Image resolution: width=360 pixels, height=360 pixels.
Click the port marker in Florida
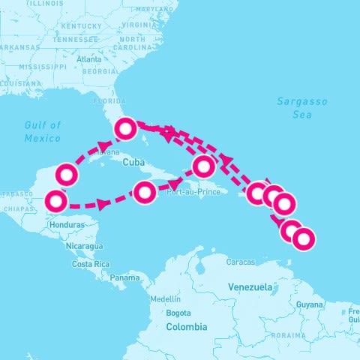click(x=125, y=129)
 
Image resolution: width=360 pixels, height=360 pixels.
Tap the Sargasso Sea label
click(x=293, y=108)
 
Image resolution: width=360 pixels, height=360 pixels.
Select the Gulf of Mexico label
click(x=42, y=131)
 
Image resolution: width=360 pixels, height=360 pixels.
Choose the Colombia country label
click(x=186, y=327)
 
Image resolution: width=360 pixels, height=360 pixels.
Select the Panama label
click(x=124, y=277)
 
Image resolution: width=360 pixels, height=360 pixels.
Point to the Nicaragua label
click(x=82, y=246)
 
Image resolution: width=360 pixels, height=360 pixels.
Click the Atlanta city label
click(x=88, y=58)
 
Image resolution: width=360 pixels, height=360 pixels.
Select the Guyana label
click(x=308, y=304)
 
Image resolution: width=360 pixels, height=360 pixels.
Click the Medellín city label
click(x=166, y=298)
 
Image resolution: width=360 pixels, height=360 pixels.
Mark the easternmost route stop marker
click(x=303, y=239)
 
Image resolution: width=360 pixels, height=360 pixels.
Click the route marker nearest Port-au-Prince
click(x=204, y=166)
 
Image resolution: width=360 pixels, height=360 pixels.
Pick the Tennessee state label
click(x=79, y=39)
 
